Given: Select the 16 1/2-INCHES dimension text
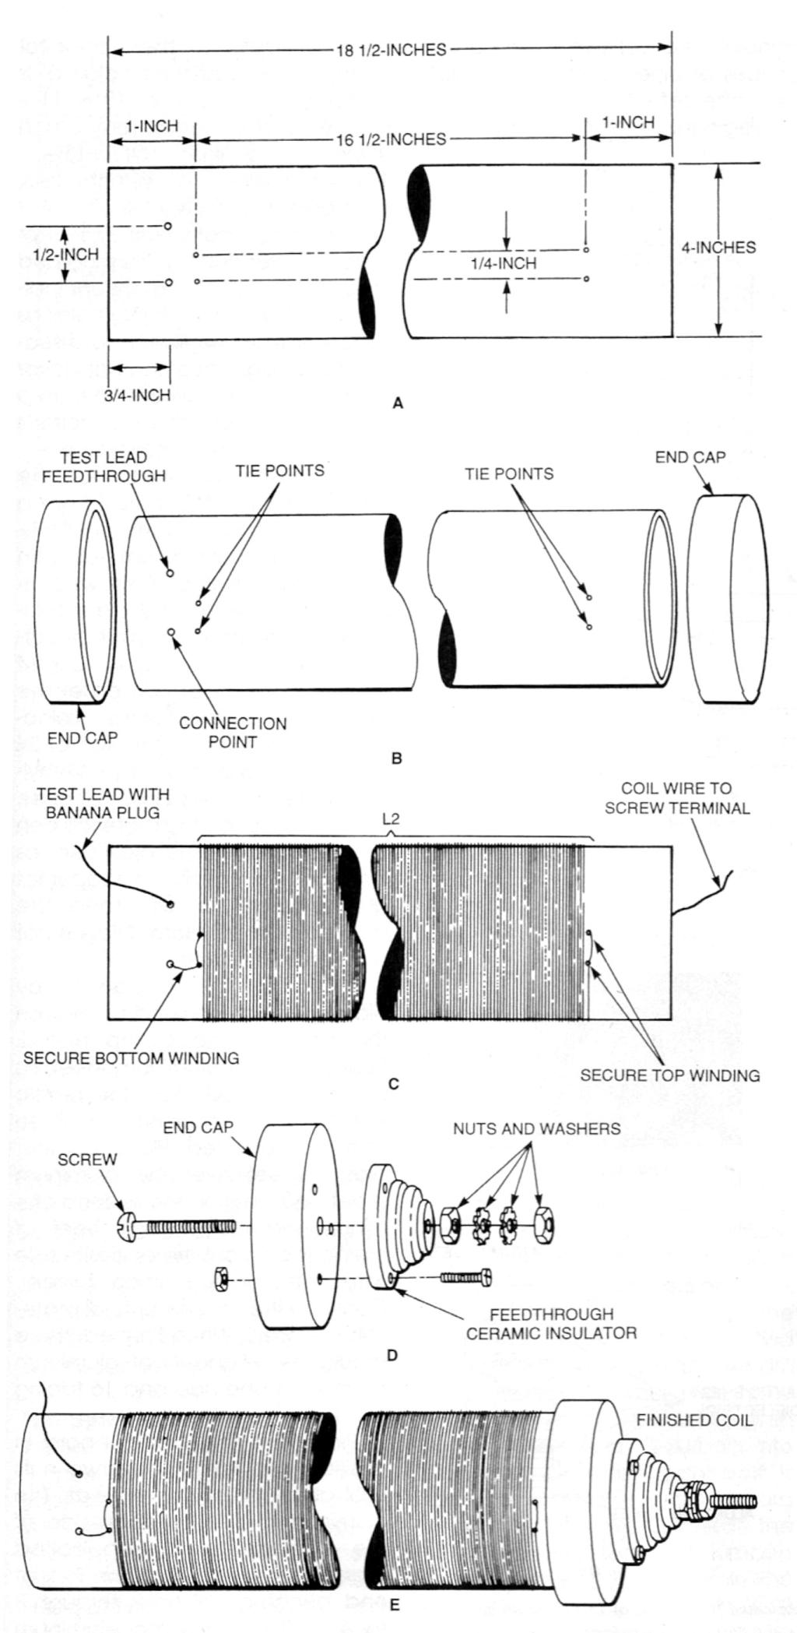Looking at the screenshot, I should click(x=391, y=139).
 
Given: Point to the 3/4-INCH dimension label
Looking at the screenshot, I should click(x=138, y=395).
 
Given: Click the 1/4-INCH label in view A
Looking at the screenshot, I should click(x=504, y=264).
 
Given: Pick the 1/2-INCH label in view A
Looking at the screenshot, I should click(x=66, y=255).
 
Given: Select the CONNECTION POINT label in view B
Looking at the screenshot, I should click(x=233, y=732).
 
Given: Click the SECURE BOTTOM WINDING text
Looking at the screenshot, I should click(x=131, y=1058).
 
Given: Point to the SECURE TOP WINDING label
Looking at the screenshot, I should click(x=670, y=1075).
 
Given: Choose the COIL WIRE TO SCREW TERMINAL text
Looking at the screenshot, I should click(x=686, y=798).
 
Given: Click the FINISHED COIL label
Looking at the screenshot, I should click(x=695, y=1420).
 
